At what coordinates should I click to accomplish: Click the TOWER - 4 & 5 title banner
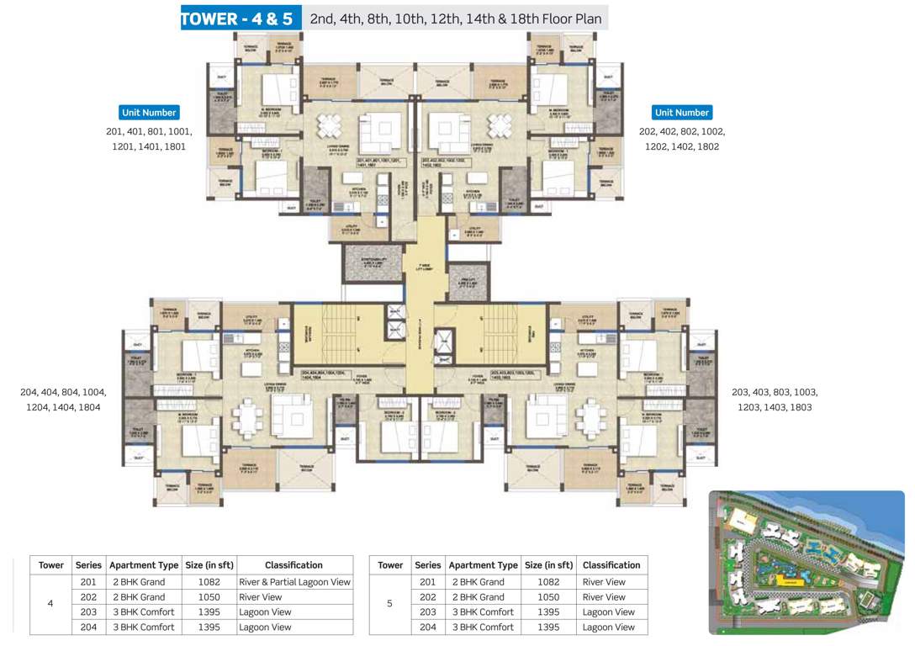[241, 19]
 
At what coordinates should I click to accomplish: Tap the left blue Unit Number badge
[149, 112]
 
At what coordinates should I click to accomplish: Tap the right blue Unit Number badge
[682, 112]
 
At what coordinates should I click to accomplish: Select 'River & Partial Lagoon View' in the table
[294, 582]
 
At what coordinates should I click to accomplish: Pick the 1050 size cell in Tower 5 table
[547, 597]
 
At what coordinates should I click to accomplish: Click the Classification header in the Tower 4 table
[294, 565]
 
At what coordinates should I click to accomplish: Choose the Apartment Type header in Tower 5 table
[483, 565]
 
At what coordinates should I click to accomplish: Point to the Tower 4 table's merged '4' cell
[50, 604]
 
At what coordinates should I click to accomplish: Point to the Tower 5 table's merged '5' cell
[390, 604]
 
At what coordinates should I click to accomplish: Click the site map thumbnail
[806, 561]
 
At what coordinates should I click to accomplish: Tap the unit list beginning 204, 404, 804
[63, 400]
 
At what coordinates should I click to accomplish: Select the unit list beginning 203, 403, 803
[775, 400]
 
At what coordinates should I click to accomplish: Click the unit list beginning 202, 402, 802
[681, 139]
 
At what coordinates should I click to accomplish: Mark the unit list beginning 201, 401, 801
[149, 139]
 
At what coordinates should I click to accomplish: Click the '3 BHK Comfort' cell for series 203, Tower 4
[143, 612]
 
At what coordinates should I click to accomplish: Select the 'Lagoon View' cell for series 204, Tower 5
[609, 627]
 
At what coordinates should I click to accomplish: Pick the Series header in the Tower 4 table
[88, 565]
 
